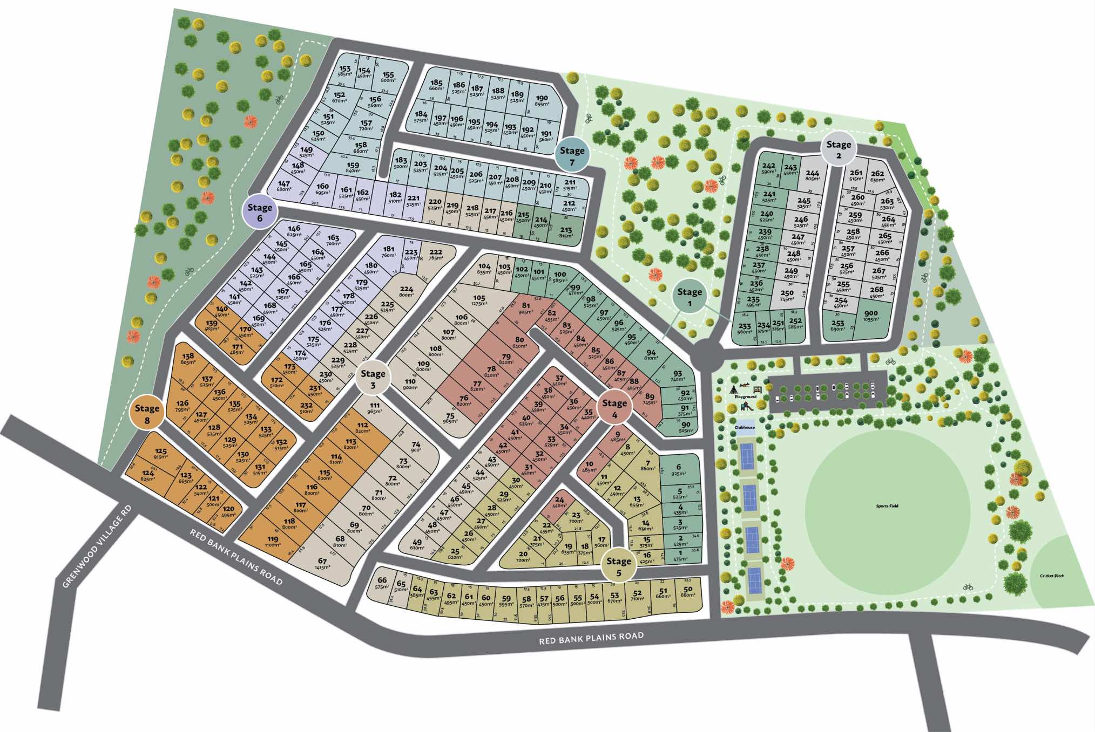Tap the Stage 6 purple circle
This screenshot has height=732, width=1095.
(x=260, y=211)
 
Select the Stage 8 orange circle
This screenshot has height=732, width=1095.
(x=147, y=413)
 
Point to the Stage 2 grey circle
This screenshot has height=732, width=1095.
(x=839, y=149)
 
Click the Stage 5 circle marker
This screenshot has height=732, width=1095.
(x=618, y=566)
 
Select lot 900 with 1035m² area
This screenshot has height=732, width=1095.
(x=870, y=316)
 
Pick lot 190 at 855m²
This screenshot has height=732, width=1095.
(x=542, y=101)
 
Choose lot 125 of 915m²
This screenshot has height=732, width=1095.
(x=161, y=454)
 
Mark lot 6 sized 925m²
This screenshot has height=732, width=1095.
(x=679, y=470)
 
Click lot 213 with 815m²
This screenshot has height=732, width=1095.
(x=566, y=232)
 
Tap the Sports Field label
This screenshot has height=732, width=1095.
(x=887, y=506)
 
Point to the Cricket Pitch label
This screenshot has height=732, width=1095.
(x=1052, y=576)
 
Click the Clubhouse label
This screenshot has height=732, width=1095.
(x=745, y=427)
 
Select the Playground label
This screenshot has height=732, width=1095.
(x=745, y=396)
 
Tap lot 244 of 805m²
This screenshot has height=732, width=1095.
(x=812, y=176)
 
